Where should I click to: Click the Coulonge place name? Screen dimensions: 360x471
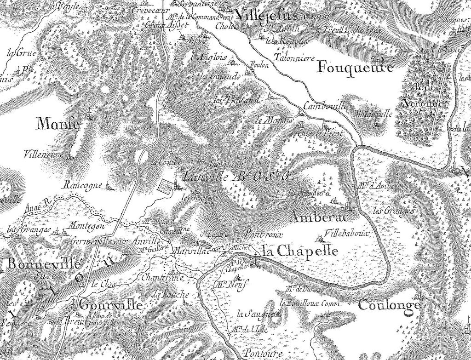(x=389, y=305)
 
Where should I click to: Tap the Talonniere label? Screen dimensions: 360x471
(x=293, y=58)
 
